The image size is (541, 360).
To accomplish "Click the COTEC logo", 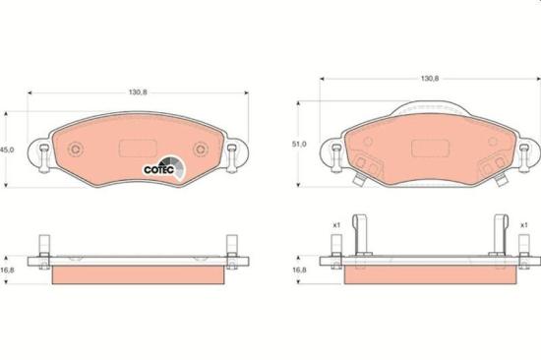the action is pyautogui.click(x=164, y=168).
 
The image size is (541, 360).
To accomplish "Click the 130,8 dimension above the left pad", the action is pyautogui.click(x=138, y=92).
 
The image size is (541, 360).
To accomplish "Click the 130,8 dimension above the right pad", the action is pyautogui.click(x=430, y=79).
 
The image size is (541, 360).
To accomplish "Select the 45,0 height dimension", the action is pyautogui.click(x=7, y=150).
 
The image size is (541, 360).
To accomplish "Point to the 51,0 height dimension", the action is pyautogui.click(x=299, y=145).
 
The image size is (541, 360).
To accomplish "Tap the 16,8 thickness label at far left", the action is pyautogui.click(x=7, y=270).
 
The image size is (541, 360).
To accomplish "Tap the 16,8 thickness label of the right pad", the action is pyautogui.click(x=299, y=270).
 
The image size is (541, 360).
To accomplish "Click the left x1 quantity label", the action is pyautogui.click(x=336, y=225).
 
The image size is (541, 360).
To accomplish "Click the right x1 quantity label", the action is pyautogui.click(x=523, y=225).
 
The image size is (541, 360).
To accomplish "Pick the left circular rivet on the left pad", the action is pyautogui.click(x=76, y=150).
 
